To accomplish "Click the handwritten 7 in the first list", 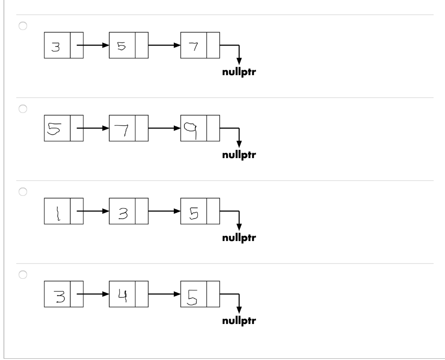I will pyautogui.click(x=193, y=45).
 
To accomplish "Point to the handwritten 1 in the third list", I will pyautogui.click(x=57, y=211).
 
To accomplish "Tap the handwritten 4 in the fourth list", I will pyautogui.click(x=122, y=294).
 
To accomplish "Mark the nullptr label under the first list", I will pyautogui.click(x=239, y=73).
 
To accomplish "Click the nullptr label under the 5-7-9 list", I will pyautogui.click(x=239, y=155).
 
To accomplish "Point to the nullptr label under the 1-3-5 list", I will pyautogui.click(x=239, y=238).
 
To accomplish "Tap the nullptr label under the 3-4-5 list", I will pyautogui.click(x=239, y=321).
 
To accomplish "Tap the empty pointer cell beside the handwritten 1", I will pyautogui.click(x=76, y=211).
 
